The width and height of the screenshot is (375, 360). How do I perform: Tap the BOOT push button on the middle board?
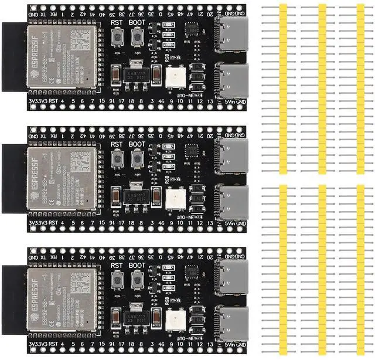[138, 158]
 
